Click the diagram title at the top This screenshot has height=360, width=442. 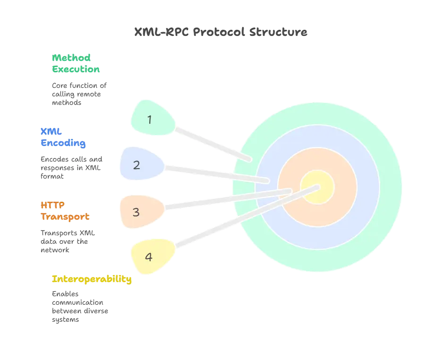coord(221,33)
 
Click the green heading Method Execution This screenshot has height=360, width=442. coord(75,63)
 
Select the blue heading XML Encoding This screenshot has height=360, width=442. coord(63,137)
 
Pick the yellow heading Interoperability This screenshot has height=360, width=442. coord(91,279)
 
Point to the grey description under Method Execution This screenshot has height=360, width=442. coord(79,92)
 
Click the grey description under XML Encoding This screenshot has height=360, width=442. coord(71,168)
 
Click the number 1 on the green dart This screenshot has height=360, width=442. coord(150,120)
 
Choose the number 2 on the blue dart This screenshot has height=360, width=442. coord(136,165)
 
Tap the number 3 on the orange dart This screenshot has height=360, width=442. coord(136,212)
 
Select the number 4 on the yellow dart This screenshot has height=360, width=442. coord(149,257)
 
